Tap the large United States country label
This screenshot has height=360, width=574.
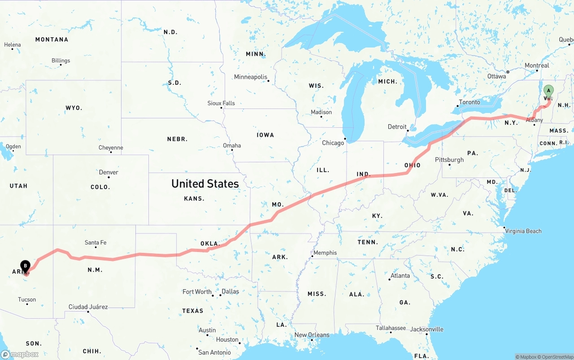tap(205, 183)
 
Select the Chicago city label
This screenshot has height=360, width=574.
tap(333, 143)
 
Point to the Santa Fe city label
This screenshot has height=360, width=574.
tap(96, 243)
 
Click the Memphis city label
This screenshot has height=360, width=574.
tap(325, 253)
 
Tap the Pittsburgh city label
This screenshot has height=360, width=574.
tap(449, 160)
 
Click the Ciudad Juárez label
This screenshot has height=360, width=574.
tap(88, 307)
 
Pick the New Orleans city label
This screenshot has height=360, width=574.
tap(312, 335)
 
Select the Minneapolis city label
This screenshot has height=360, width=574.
tap(251, 77)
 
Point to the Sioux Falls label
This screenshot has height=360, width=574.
tap(221, 103)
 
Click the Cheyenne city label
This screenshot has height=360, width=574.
tap(111, 147)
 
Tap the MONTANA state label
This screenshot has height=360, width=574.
tap(52, 39)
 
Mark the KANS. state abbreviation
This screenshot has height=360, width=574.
tap(194, 198)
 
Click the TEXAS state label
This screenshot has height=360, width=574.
tap(192, 311)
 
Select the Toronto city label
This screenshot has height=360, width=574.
tap(470, 102)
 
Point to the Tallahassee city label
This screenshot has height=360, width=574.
tap(391, 328)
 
